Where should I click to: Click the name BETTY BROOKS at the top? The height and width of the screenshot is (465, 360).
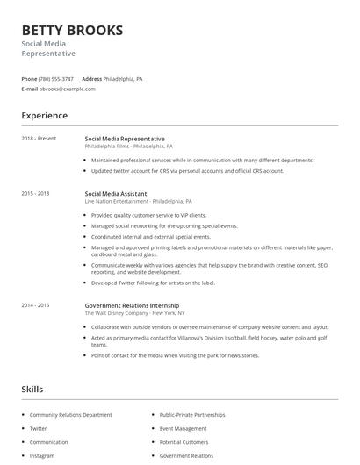click(x=72, y=31)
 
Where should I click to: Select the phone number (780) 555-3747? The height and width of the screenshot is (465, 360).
click(x=56, y=78)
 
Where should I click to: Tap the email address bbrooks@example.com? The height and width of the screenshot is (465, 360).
click(x=67, y=89)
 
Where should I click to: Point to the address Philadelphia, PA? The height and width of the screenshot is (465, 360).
click(x=123, y=78)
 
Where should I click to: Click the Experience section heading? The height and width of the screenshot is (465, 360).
click(x=44, y=115)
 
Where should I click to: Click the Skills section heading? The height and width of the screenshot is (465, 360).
click(x=32, y=389)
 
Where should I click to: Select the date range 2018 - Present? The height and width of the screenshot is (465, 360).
click(x=39, y=139)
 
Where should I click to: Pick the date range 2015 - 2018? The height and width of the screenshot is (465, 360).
click(x=35, y=193)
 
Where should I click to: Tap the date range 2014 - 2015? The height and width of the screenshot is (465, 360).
click(x=35, y=304)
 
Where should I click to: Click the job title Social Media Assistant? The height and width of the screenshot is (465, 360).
click(x=116, y=193)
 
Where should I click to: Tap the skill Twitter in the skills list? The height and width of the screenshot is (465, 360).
click(x=39, y=428)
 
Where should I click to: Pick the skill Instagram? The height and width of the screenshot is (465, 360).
click(x=42, y=456)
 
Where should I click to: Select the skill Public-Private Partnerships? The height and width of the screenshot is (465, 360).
click(x=192, y=414)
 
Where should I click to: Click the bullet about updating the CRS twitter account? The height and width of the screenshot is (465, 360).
click(x=187, y=171)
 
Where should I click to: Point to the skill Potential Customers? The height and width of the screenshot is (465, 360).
click(x=184, y=442)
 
